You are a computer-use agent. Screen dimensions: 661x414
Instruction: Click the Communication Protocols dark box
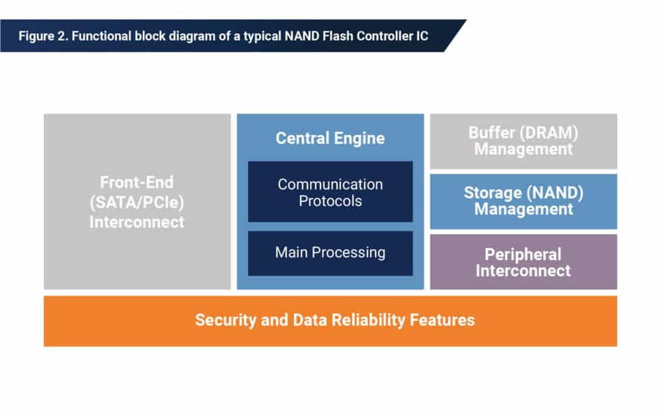pyautogui.click(x=330, y=192)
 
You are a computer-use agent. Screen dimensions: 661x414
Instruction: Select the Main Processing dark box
pyautogui.click(x=330, y=253)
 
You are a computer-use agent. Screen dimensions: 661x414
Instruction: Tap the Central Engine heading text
pyautogui.click(x=330, y=138)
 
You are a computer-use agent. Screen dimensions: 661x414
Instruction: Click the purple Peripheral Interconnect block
pyautogui.click(x=523, y=262)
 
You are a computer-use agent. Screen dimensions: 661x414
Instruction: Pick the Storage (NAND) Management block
pyautogui.click(x=523, y=201)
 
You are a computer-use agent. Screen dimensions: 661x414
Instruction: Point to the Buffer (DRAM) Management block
pyautogui.click(x=523, y=140)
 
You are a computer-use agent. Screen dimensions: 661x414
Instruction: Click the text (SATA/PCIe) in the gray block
pyautogui.click(x=137, y=201)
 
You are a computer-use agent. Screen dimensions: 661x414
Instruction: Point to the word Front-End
pyautogui.click(x=137, y=182)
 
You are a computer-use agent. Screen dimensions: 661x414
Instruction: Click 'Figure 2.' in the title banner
pyautogui.click(x=41, y=36)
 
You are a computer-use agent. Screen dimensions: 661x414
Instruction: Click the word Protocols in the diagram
pyautogui.click(x=330, y=201)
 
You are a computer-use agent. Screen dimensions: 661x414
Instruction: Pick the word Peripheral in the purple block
pyautogui.click(x=523, y=254)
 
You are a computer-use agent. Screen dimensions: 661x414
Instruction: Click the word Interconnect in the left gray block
pyautogui.click(x=137, y=222)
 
